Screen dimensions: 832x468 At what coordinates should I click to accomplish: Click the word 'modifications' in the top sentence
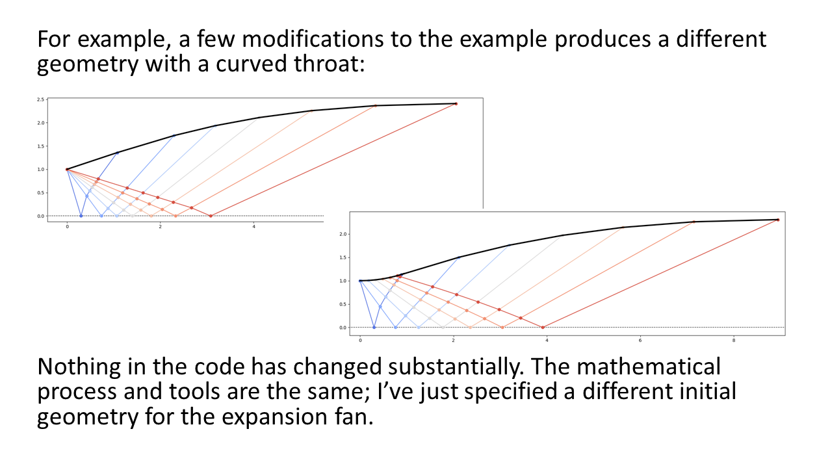coord(313,39)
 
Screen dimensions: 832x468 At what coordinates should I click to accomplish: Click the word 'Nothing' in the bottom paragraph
coord(79,367)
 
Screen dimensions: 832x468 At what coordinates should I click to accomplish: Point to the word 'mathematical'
coord(649,367)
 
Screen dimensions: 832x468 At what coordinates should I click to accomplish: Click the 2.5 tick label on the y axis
coord(40,99)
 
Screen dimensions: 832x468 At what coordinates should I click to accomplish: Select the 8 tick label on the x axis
coord(734,340)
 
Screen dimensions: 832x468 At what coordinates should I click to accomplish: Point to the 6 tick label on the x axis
coord(640,340)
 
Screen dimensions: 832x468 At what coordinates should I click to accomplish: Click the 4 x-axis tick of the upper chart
coord(254,227)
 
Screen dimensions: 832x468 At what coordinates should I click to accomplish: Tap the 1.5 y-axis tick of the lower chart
coord(343,257)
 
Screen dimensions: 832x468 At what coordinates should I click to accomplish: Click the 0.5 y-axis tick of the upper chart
coord(40,193)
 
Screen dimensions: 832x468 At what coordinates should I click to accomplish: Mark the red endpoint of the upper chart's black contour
coord(456,104)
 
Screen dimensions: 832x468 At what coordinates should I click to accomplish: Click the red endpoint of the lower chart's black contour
coord(778,220)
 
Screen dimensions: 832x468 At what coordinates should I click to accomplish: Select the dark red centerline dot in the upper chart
coord(211,216)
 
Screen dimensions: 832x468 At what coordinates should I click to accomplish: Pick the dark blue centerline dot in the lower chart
coord(374,327)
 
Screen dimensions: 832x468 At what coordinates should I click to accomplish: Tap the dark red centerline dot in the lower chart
coord(543,327)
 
